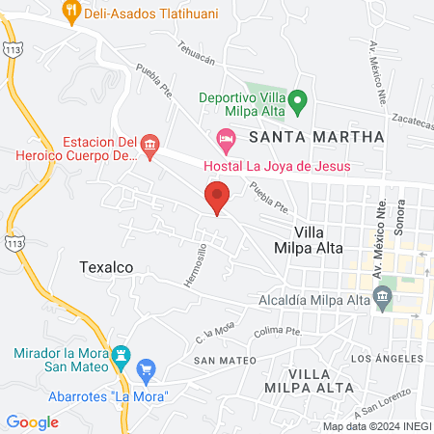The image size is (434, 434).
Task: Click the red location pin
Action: coord(217,197)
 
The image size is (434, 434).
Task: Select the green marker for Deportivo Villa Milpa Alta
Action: coord(298,98)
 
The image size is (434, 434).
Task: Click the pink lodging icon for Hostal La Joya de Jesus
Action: coord(226,141)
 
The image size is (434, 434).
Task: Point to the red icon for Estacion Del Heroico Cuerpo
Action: coord(149,148)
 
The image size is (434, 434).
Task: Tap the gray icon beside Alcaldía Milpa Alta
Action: coord(384,299)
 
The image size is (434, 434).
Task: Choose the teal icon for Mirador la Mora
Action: coord(122,355)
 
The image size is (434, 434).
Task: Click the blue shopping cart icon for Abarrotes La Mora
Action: coord(147,369)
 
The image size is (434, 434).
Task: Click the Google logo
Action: coord(32,421)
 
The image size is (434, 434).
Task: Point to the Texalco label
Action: coord(105,266)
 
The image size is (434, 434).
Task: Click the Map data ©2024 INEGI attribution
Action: coord(376,426)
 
